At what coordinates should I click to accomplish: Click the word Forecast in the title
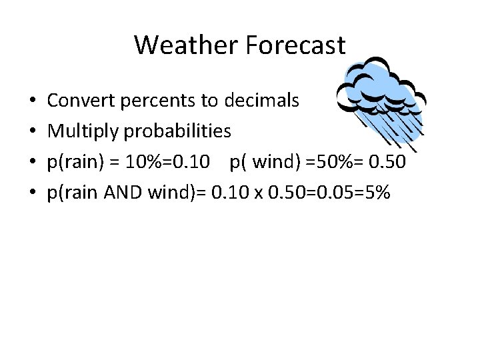[x=295, y=45]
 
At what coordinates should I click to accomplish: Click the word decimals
[x=262, y=101]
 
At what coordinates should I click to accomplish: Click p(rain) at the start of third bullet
[x=73, y=162]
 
